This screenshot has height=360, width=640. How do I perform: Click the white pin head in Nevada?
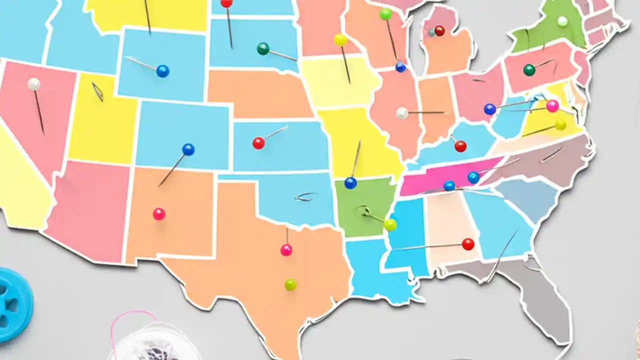(33, 84)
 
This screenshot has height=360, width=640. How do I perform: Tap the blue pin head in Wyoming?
(162, 71)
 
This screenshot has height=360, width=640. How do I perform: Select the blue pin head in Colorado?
(188, 149)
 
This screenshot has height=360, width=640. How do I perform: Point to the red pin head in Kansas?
(258, 143)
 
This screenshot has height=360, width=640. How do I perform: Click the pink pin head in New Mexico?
(159, 214)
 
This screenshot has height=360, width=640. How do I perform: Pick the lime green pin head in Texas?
(290, 284)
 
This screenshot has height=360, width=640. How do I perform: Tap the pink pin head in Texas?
(286, 250)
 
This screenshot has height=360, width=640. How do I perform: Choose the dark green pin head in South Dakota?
(263, 48)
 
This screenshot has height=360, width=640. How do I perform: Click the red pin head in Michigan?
(439, 31)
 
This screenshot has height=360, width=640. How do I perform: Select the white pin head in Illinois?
(402, 113)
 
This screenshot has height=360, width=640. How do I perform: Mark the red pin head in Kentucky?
(460, 146)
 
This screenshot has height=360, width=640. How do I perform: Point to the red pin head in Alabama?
(468, 244)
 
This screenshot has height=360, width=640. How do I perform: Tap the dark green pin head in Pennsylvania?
(529, 70)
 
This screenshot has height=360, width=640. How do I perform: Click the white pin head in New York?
(562, 21)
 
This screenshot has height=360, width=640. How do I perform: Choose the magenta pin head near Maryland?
(552, 106)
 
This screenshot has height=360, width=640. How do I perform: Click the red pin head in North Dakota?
(226, 3)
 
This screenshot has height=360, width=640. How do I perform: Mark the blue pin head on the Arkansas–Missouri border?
(350, 183)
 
